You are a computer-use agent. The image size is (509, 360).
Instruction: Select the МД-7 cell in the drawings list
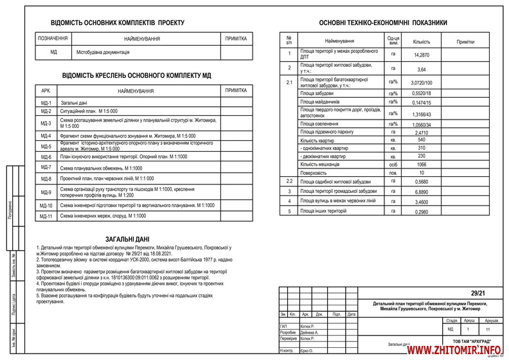pos(46,167)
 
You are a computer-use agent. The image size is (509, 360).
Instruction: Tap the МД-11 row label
pos(46,217)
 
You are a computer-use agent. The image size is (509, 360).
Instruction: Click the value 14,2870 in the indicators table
pos(422,55)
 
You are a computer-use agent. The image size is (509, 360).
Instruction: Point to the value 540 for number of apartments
pos(422,139)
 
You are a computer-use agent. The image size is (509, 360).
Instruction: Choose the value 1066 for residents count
pos(422,165)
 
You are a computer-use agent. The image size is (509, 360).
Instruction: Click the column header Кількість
pos(422,40)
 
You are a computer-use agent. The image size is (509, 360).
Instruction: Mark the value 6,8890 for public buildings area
pos(422,192)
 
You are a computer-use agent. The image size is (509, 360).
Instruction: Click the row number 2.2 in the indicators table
pos(289,182)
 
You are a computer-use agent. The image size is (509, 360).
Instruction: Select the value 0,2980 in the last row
pos(422,211)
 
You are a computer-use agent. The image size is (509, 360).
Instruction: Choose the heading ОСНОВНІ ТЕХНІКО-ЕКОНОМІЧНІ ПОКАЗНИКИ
pos(388,22)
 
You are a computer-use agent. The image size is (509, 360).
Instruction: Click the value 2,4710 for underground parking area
pos(422,131)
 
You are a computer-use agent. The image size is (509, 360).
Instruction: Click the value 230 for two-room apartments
pos(422,156)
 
